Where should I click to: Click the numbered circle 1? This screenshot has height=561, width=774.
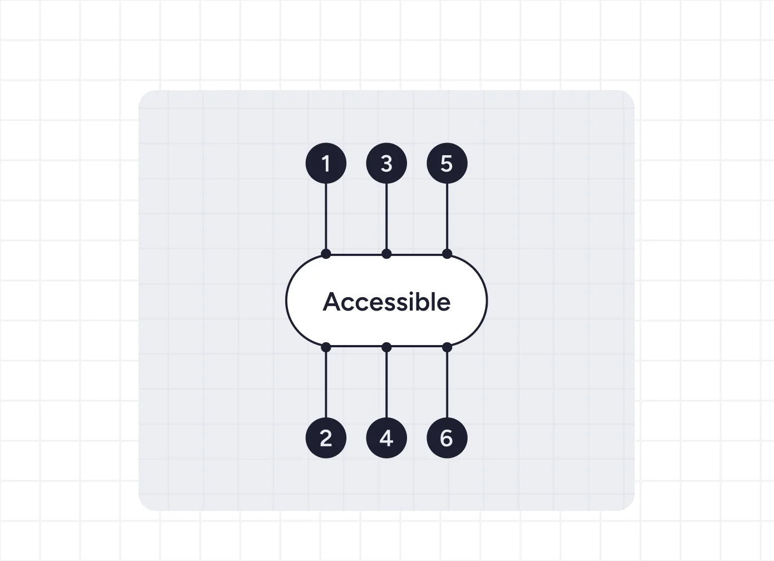coord(326,163)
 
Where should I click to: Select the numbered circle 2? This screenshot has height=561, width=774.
coord(326,438)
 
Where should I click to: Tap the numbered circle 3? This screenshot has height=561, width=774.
coord(386,163)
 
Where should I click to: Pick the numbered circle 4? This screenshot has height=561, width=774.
coord(386,438)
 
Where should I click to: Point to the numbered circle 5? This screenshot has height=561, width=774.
coord(447,163)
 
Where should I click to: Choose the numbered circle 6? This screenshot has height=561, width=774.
coord(447,438)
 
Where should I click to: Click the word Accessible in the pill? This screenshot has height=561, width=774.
coord(386,302)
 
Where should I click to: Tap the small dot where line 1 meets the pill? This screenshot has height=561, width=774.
coord(326,254)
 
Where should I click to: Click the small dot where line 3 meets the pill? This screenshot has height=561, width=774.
coord(386,254)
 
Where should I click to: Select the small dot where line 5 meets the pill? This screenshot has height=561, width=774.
coord(447,254)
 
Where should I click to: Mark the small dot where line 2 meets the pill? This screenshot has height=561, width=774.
coord(326,347)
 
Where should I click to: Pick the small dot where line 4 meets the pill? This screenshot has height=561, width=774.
coord(386,347)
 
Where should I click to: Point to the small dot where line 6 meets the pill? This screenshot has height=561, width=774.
coord(447,347)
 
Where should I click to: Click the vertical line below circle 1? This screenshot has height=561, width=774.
coord(326,216)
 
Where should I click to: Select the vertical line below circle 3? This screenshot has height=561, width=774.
coord(386,216)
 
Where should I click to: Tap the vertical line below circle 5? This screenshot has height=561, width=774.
coord(447,216)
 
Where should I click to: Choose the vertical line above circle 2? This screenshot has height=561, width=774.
coord(326,385)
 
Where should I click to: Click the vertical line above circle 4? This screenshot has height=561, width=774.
coord(386,385)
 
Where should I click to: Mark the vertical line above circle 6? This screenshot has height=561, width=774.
coord(447,385)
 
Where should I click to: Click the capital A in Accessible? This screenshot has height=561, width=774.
coord(332,302)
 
